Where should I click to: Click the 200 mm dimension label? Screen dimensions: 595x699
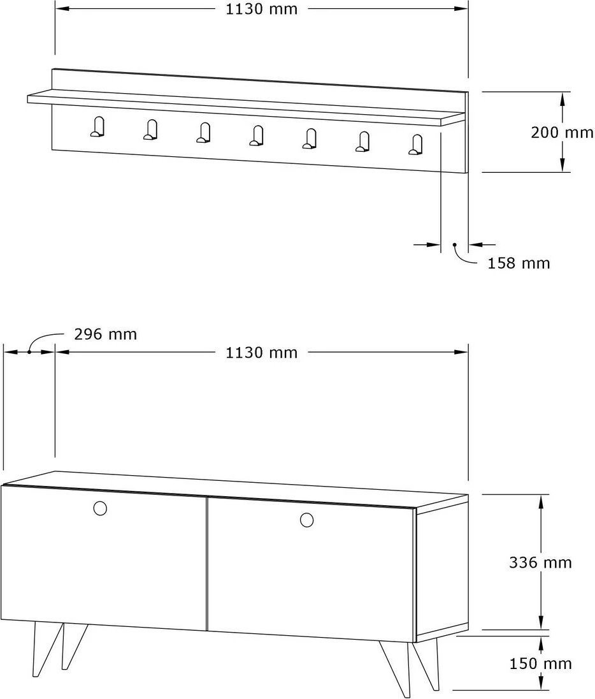coord(562,133)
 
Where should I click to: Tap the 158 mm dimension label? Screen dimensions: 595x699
coord(519,263)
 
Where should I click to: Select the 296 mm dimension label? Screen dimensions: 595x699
coord(106,334)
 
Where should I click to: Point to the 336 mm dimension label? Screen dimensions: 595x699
coord(540,563)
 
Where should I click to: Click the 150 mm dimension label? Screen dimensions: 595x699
coord(541,663)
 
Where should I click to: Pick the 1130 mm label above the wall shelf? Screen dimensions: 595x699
coord(261,9)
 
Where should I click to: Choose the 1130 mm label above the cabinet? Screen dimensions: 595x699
coord(261,353)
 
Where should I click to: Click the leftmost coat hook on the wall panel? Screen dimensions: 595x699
coord(97,127)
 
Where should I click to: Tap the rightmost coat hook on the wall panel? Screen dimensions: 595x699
coord(416,145)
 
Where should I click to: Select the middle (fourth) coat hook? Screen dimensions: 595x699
coord(257,135)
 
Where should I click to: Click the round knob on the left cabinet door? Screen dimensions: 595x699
coord(100,508)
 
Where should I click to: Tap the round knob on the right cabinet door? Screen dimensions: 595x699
coord(306,519)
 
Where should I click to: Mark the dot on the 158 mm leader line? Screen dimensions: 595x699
coord(455,244)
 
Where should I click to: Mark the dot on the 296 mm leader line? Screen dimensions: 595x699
coord(29,351)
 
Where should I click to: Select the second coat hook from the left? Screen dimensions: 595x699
coord(150,129)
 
